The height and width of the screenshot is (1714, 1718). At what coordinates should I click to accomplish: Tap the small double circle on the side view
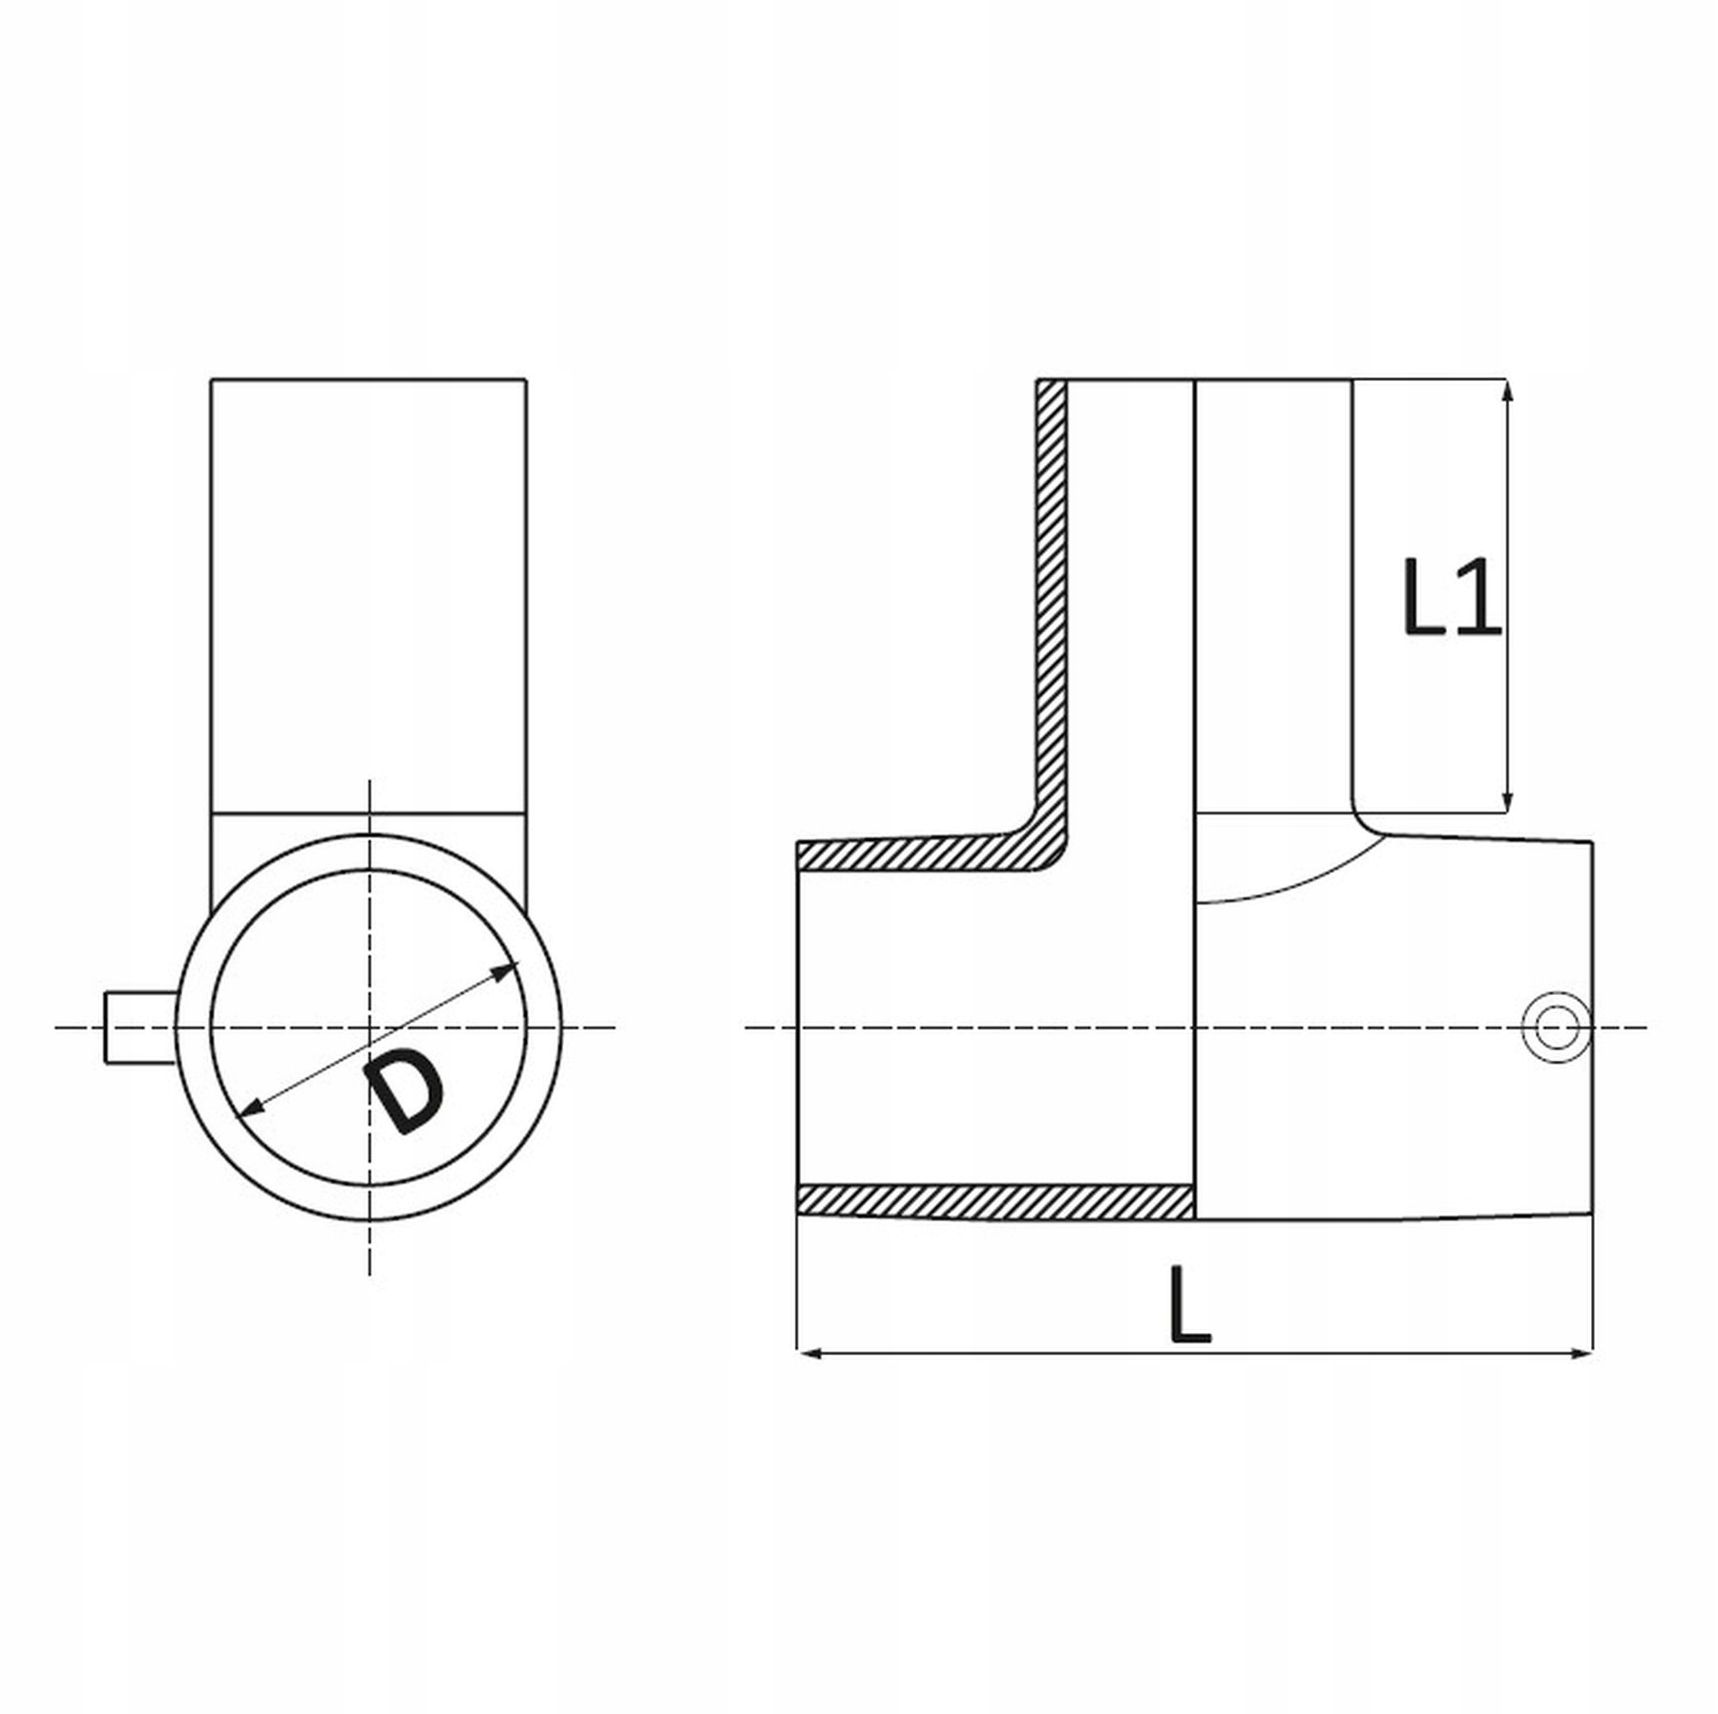[1557, 1027]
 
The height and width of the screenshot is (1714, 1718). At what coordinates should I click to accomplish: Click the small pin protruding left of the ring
[140, 1027]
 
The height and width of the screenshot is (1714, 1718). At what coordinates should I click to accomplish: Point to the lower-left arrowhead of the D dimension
[250, 1107]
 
